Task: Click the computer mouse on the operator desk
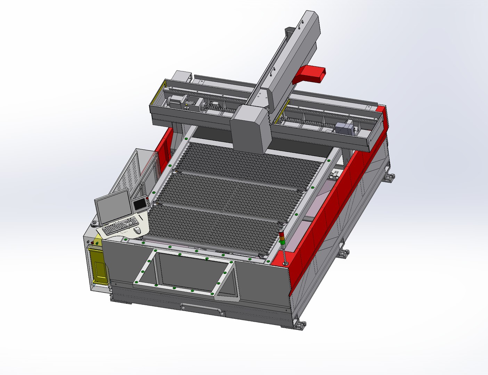click(137, 230)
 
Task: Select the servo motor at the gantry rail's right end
click(344, 127)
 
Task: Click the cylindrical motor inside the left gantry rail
click(173, 102)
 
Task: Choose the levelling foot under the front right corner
click(300, 325)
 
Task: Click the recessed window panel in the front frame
click(188, 269)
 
